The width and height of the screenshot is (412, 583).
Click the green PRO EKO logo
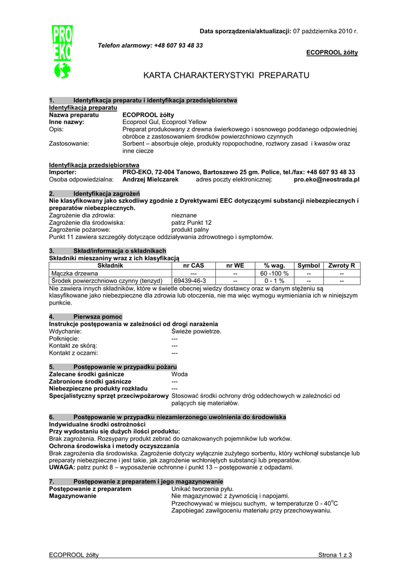(x=62, y=52)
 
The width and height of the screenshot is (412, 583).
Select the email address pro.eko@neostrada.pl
(x=326, y=179)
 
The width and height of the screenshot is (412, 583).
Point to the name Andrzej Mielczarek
(x=151, y=179)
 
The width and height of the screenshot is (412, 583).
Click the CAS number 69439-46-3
(x=190, y=281)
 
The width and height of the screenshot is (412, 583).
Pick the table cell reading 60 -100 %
(x=274, y=273)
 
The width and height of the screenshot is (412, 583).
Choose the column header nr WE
(x=235, y=266)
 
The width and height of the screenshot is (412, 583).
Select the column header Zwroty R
(x=342, y=266)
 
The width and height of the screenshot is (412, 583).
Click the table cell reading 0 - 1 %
(x=274, y=281)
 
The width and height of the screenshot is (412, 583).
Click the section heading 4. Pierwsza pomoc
(x=86, y=317)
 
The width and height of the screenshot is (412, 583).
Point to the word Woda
(x=180, y=374)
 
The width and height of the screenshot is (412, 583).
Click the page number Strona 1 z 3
(x=335, y=555)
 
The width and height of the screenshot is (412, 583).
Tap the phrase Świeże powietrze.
(x=196, y=331)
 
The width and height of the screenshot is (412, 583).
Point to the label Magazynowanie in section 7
(x=73, y=496)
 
